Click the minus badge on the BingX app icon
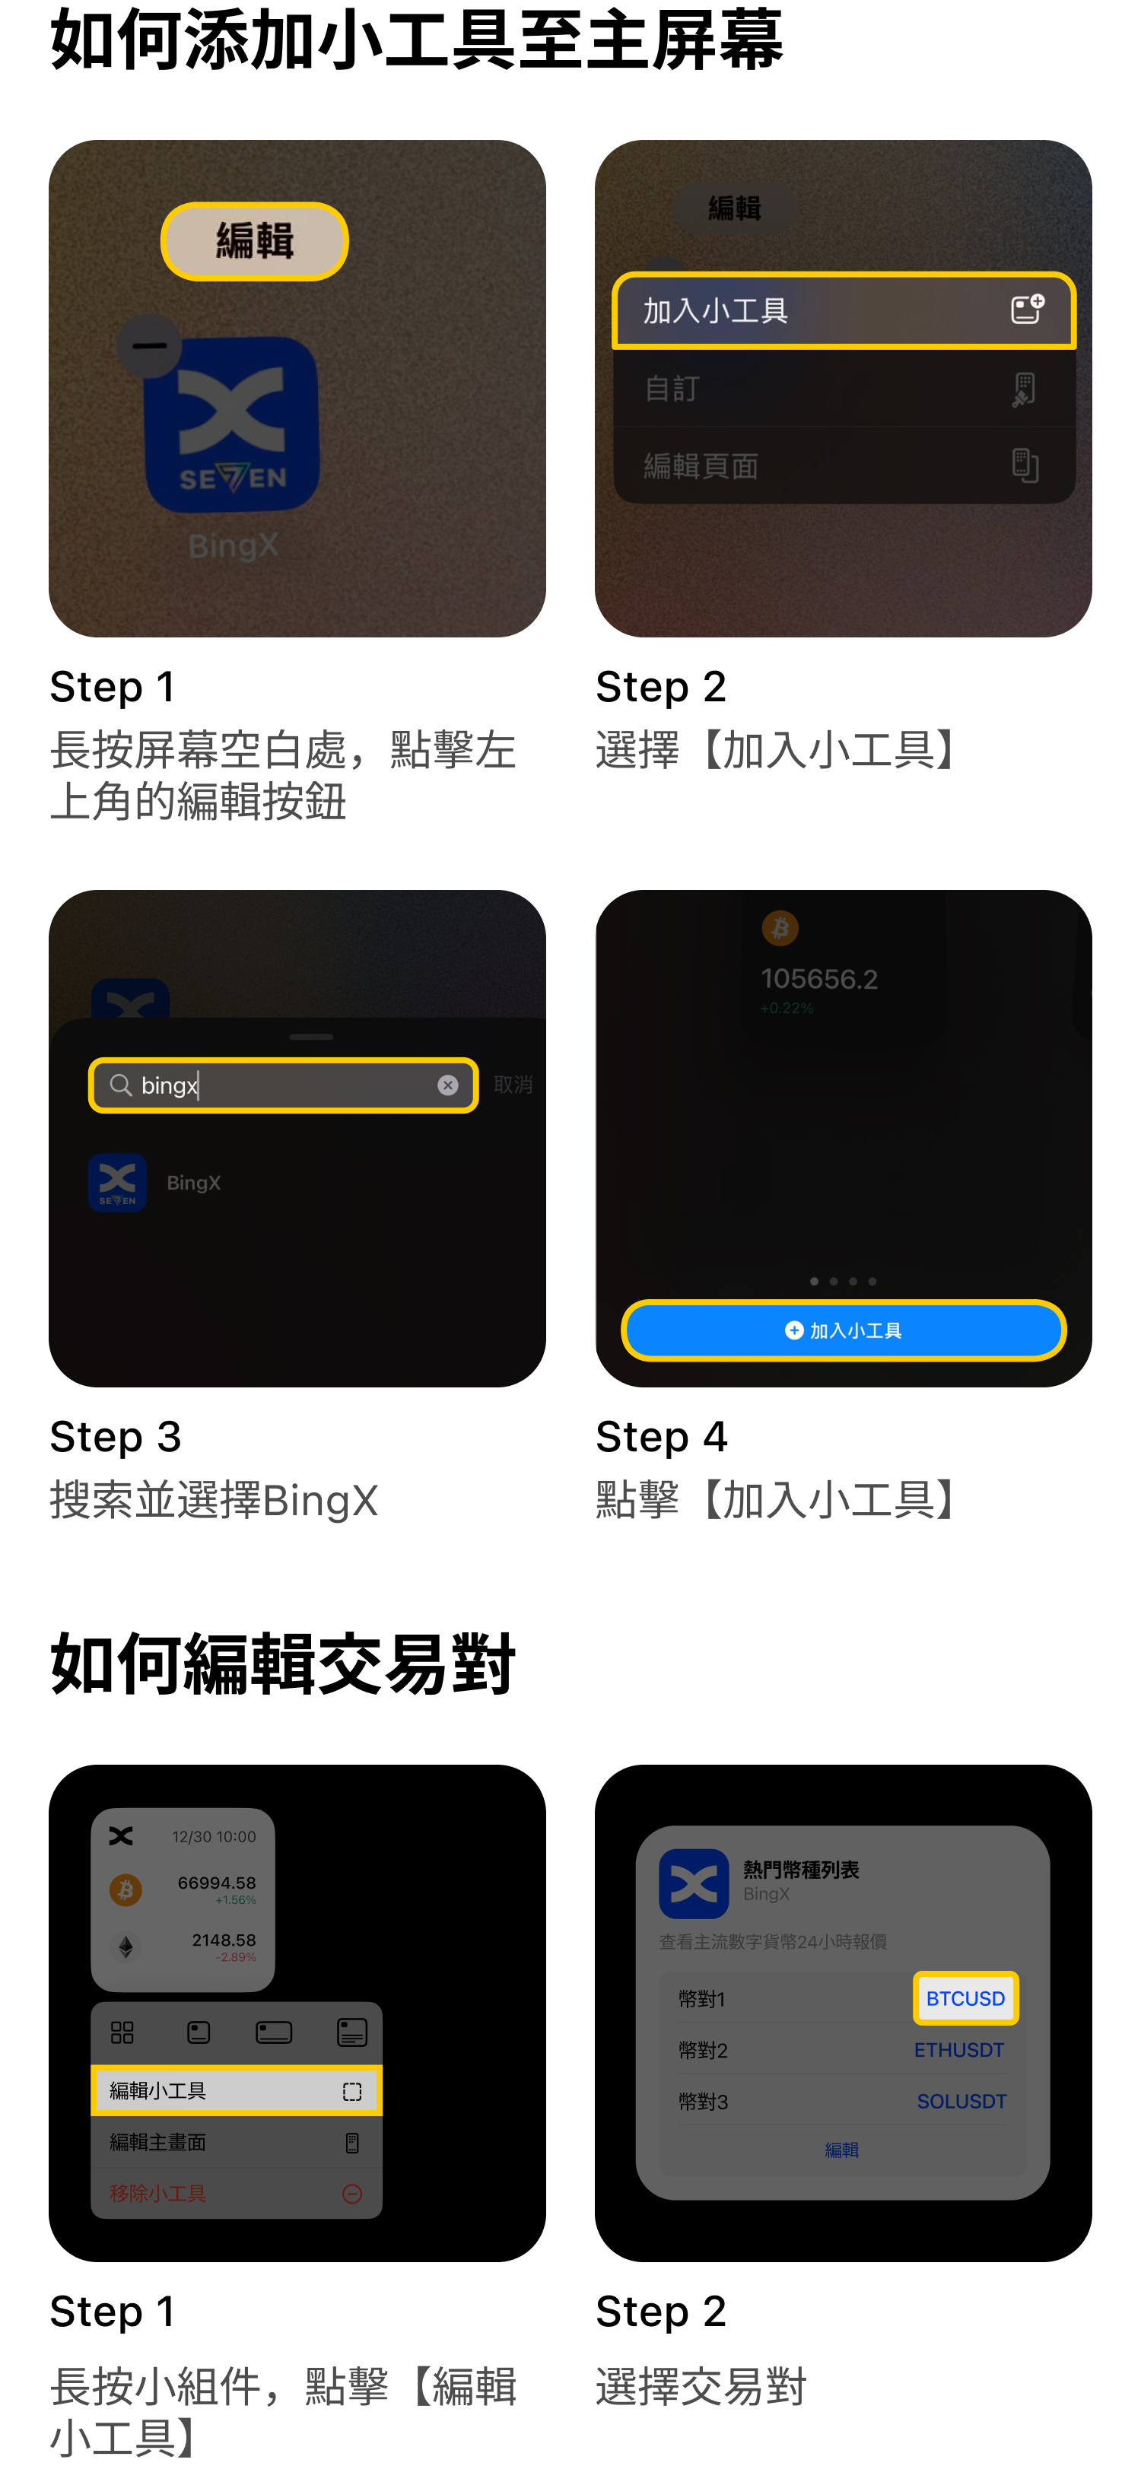coord(149,345)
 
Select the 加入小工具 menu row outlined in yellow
coord(844,310)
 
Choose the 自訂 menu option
coord(844,389)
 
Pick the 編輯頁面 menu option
coord(844,466)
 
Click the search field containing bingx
coord(282,1085)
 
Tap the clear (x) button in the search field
coord(447,1085)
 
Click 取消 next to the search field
coord(512,1085)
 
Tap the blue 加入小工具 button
coord(844,1330)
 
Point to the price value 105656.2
coord(818,978)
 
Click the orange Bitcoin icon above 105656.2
coord(780,928)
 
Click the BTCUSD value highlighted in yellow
coord(965,1998)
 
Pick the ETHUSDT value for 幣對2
coord(958,2050)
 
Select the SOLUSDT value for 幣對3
coord(961,2101)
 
